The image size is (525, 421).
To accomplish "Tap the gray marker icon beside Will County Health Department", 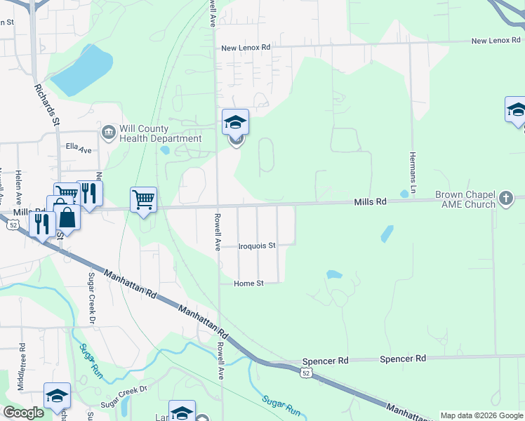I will [109, 132].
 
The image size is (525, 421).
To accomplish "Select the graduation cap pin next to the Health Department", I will [235, 123].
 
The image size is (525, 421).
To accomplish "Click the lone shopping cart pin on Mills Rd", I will [143, 200].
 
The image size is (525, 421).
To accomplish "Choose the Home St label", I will [248, 283].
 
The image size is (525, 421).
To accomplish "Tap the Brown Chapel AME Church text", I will [465, 199].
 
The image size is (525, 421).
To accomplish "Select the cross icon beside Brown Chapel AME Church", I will [505, 199].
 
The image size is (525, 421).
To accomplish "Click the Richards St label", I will [46, 105].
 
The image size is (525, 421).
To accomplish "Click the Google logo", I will [23, 412].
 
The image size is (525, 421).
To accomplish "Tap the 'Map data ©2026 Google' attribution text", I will [481, 415].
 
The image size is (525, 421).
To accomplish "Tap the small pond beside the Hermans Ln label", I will [404, 194].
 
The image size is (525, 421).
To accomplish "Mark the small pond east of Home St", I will [334, 274].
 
